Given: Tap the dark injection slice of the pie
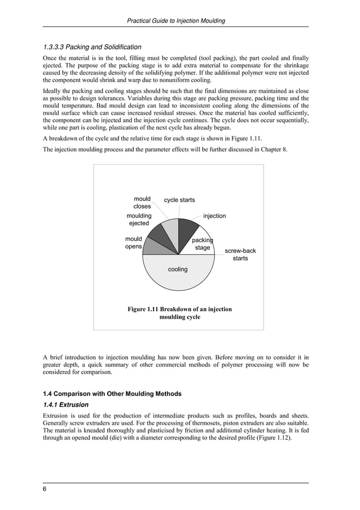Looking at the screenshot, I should click(x=187, y=230).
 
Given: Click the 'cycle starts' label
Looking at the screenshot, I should click(x=179, y=200).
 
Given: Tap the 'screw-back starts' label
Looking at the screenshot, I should click(x=240, y=254).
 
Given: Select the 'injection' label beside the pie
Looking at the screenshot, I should click(x=214, y=216).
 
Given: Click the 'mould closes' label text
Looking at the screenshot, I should click(x=142, y=203).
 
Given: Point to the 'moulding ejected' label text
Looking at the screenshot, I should click(x=139, y=220).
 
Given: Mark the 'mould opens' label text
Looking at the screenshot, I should click(x=134, y=243).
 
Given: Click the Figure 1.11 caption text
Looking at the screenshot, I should click(x=179, y=313).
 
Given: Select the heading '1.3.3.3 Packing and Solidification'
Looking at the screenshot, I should click(x=93, y=47).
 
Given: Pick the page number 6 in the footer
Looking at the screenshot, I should click(x=45, y=489).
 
